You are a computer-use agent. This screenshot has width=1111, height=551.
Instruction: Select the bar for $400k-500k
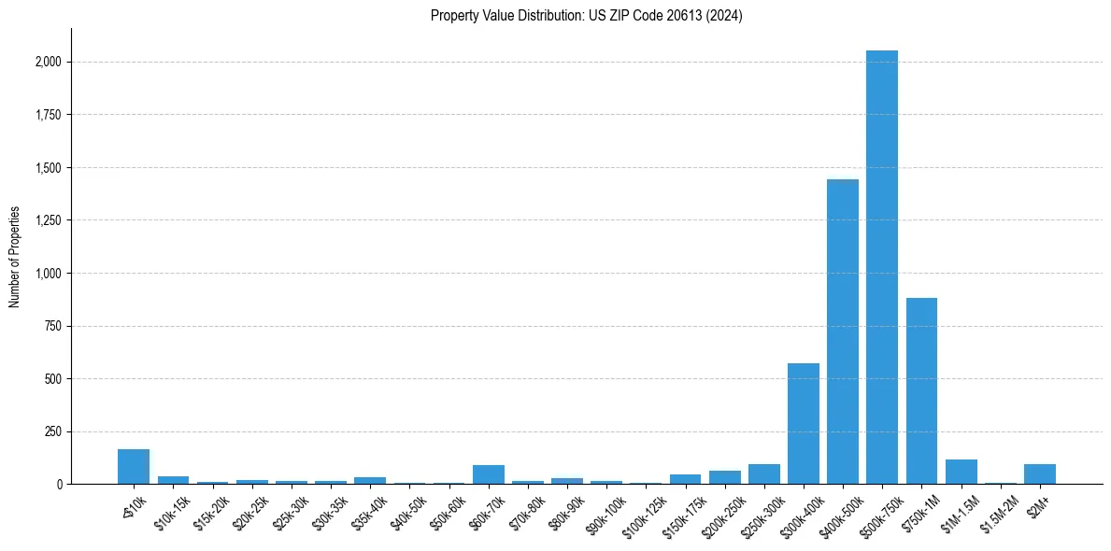pos(842,332)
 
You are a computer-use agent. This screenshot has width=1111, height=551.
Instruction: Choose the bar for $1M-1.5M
pos(961,472)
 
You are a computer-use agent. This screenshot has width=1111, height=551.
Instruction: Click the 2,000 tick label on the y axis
pos(50,63)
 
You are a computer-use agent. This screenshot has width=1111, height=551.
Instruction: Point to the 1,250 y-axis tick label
pos(50,221)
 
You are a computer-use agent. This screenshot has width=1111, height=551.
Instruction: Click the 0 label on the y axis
pos(60,485)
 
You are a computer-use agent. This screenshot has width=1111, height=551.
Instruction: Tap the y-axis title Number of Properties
pos(15,257)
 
